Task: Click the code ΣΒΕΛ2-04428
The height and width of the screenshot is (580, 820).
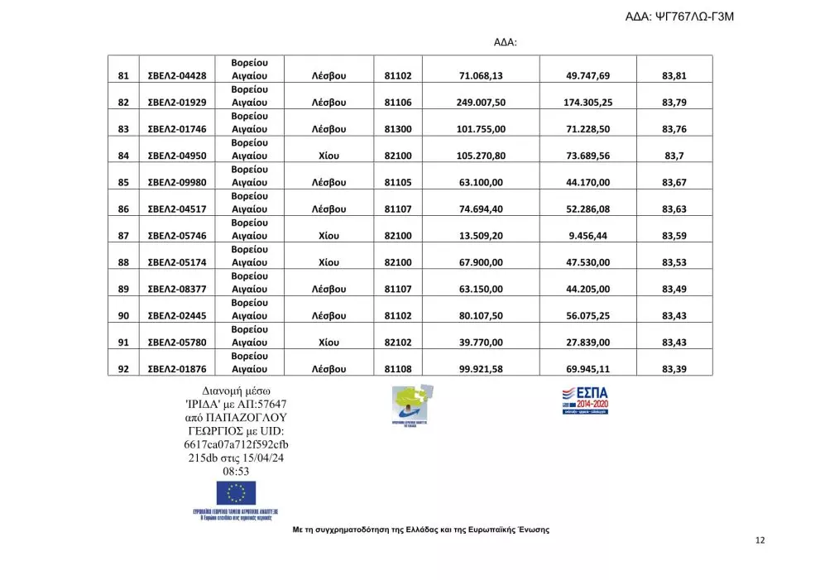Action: coord(176,76)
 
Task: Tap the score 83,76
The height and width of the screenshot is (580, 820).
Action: coord(674,129)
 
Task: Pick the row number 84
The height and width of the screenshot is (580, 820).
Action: coord(123,156)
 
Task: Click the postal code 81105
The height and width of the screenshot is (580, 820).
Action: coord(398,183)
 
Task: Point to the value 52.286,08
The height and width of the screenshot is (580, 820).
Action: coord(587,209)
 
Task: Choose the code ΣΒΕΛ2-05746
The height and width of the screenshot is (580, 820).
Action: coord(176,236)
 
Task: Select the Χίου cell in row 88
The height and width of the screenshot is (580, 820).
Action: coord(328,262)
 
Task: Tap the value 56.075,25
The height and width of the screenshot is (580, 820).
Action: coord(587,316)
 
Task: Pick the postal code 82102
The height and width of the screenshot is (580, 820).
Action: coord(398,343)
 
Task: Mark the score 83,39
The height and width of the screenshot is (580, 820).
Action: coord(674,369)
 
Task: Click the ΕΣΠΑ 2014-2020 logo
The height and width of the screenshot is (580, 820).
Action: coord(585,399)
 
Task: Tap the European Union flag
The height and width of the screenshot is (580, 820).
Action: coord(236,493)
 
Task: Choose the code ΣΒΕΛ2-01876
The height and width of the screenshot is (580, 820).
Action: coord(176,369)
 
